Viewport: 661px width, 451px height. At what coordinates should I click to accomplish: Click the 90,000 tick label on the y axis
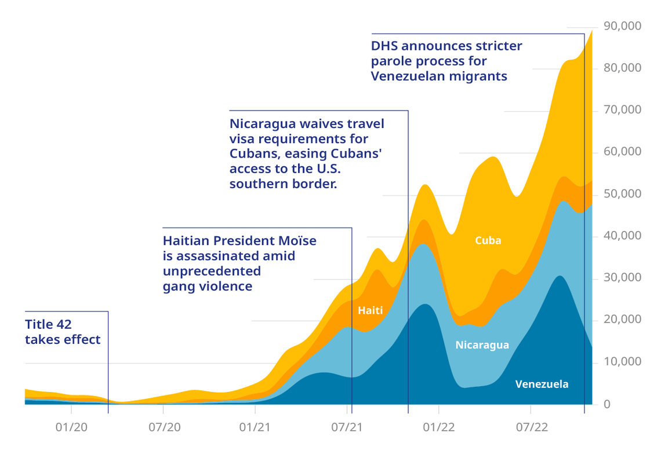(x=623, y=26)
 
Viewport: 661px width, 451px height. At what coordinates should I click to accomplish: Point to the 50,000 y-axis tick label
(x=623, y=194)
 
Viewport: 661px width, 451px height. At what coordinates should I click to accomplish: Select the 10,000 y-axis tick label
(x=623, y=362)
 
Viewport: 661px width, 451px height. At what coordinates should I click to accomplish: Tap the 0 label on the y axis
(x=607, y=404)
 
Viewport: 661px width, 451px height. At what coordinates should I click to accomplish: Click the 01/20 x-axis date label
(x=71, y=428)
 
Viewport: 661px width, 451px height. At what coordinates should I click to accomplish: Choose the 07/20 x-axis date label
(x=164, y=428)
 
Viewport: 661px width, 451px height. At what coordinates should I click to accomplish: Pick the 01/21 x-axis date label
(x=256, y=428)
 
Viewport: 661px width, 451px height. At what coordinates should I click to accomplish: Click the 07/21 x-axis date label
(x=347, y=428)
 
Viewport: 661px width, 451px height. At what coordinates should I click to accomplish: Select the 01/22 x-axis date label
(x=439, y=428)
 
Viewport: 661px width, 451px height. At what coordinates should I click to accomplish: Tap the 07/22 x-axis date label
(x=531, y=428)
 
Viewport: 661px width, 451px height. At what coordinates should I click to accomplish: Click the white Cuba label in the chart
(x=488, y=241)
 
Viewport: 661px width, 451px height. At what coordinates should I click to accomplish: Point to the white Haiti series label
(x=370, y=310)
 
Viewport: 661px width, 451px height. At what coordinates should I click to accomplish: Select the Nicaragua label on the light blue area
(x=482, y=345)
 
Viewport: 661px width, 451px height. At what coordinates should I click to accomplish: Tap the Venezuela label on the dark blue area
(x=542, y=384)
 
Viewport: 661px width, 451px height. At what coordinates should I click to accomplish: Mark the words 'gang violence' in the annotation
(x=208, y=286)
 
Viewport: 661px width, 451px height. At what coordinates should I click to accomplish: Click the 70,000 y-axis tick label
(x=623, y=110)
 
